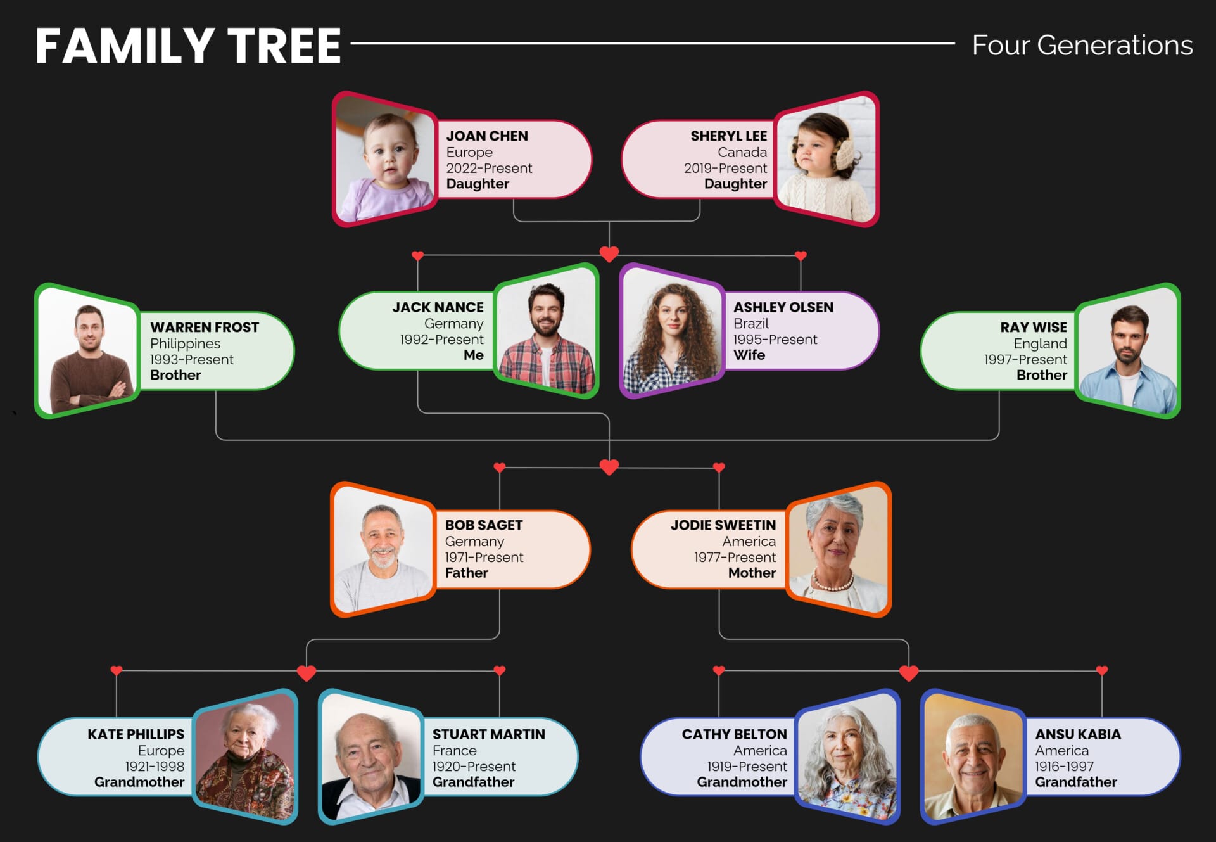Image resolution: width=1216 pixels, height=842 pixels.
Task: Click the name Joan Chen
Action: point(486,136)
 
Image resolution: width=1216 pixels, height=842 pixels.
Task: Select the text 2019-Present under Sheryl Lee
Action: point(725,169)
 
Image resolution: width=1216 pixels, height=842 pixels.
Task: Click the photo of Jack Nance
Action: point(546,332)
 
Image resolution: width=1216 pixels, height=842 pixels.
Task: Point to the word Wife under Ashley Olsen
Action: point(749,355)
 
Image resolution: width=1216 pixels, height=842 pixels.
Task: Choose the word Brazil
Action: point(750,324)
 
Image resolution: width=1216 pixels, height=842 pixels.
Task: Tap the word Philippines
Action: point(185,344)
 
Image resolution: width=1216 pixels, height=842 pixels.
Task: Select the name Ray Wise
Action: point(1033,328)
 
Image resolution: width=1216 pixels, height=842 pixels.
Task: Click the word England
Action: point(1040,344)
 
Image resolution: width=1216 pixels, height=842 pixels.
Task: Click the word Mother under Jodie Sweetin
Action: point(752,573)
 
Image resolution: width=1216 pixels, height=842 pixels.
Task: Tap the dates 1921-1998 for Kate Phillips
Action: point(155,767)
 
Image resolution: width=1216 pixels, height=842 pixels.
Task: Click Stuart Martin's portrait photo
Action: point(371,758)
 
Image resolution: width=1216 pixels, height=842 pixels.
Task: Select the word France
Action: point(454,751)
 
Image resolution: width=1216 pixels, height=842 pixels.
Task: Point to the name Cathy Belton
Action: point(734,734)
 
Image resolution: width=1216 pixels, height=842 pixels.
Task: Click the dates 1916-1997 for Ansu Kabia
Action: point(1064,767)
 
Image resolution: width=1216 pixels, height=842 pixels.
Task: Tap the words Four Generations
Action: point(1082,46)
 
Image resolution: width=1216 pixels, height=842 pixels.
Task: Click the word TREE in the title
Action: point(284,46)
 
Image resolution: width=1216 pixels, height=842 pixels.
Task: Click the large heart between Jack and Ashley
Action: point(609,255)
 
